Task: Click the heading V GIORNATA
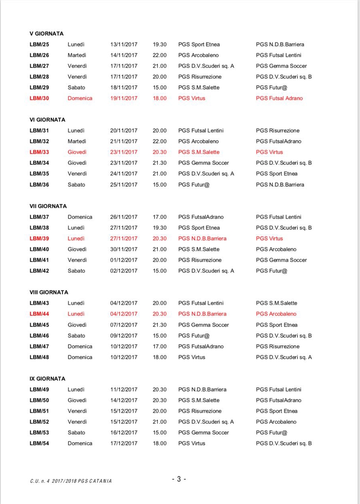tap(47, 34)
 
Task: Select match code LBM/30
tap(39, 98)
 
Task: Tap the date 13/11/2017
tap(124, 45)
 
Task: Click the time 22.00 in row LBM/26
tap(160, 55)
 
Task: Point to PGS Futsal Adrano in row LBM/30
tap(279, 98)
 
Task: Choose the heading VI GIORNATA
tap(47, 120)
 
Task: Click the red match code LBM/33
tap(39, 152)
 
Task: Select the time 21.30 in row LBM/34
tap(160, 163)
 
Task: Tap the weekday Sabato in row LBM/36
tap(76, 185)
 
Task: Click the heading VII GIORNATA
tap(48, 206)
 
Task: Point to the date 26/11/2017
tap(124, 217)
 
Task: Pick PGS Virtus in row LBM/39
tap(269, 239)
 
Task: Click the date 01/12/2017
tap(124, 260)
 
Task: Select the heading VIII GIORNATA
tap(49, 292)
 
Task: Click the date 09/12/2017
tap(124, 336)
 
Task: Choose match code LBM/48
tap(39, 357)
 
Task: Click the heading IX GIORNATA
tap(47, 379)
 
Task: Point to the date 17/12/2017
tap(124, 443)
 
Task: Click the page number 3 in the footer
tap(179, 479)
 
